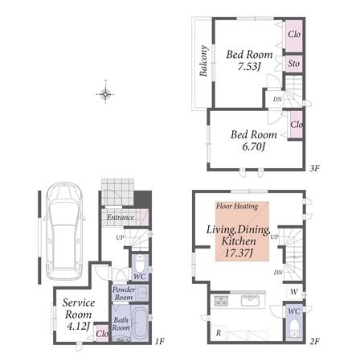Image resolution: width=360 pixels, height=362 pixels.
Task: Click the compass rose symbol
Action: [105, 93]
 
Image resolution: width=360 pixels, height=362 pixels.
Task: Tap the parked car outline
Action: [64, 231]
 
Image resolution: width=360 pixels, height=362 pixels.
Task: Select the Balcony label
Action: [204, 61]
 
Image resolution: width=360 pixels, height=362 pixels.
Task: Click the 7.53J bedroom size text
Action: [249, 67]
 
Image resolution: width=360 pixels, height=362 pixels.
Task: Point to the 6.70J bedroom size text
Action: [253, 146]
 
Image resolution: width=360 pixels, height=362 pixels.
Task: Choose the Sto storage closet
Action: [294, 64]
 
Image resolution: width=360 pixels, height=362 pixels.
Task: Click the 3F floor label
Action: [315, 168]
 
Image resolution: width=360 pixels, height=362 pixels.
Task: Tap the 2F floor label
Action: [315, 341]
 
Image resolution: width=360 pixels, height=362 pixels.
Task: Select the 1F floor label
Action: [160, 341]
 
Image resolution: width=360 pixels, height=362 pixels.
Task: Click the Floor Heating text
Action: [237, 206]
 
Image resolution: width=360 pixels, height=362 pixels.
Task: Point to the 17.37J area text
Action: [239, 253]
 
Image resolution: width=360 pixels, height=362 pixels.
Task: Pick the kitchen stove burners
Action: [221, 301]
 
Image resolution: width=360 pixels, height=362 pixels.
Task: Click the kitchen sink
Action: [250, 300]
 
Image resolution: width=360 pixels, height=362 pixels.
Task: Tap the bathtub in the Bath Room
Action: [140, 323]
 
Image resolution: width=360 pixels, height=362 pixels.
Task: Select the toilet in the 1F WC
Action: [140, 264]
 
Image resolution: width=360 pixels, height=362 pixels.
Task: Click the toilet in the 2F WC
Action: [295, 327]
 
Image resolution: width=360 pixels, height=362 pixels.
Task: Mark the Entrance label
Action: [121, 217]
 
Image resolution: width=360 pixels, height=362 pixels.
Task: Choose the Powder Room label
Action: [124, 294]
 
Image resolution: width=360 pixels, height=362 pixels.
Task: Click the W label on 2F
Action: [294, 291]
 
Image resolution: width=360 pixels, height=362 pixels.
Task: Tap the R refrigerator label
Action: [219, 333]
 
